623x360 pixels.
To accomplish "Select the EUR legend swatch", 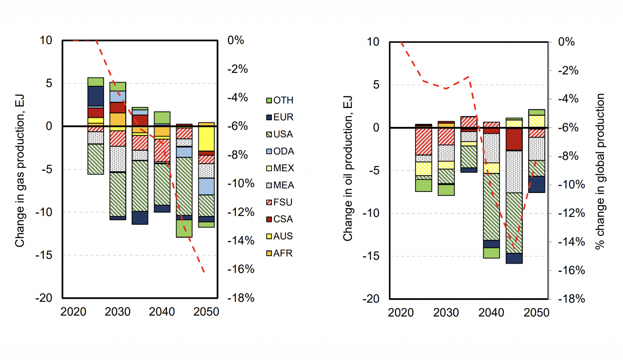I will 269,117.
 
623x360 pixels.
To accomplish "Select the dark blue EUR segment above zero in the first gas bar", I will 96,96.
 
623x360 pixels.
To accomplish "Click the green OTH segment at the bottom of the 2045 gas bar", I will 184,228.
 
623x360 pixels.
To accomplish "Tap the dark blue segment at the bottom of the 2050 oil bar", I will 537,184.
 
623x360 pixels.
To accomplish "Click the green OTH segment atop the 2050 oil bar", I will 537,112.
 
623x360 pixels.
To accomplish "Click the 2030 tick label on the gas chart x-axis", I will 117,312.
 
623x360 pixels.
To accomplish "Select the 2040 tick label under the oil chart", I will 491,313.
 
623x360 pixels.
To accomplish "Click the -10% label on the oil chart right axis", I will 571,184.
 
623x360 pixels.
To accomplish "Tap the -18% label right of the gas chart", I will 241,298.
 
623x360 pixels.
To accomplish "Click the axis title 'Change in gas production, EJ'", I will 19,170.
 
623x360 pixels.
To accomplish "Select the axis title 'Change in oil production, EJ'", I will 347,169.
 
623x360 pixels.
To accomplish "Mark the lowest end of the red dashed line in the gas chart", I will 204,272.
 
